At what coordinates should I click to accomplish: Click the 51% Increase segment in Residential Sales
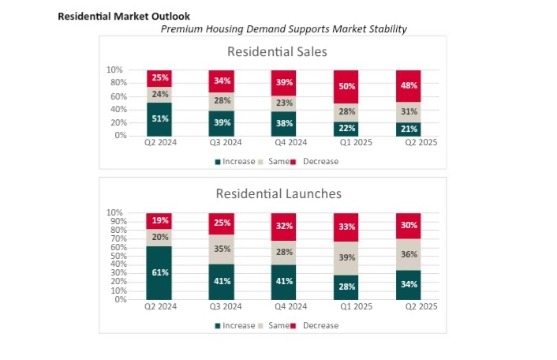click(x=159, y=119)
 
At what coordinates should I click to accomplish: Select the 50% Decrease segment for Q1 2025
click(x=346, y=86)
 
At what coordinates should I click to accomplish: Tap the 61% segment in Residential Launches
click(x=159, y=272)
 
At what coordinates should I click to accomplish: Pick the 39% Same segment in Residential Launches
click(x=346, y=258)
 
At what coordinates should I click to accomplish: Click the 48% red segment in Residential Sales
click(x=409, y=85)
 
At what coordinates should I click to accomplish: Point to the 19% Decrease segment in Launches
click(x=159, y=221)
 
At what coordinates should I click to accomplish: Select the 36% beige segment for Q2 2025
click(x=409, y=254)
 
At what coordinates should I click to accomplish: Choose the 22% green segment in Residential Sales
click(x=346, y=128)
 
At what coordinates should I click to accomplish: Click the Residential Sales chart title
click(x=277, y=52)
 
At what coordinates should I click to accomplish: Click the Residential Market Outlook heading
click(x=124, y=16)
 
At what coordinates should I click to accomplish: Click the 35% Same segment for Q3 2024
click(x=222, y=249)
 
